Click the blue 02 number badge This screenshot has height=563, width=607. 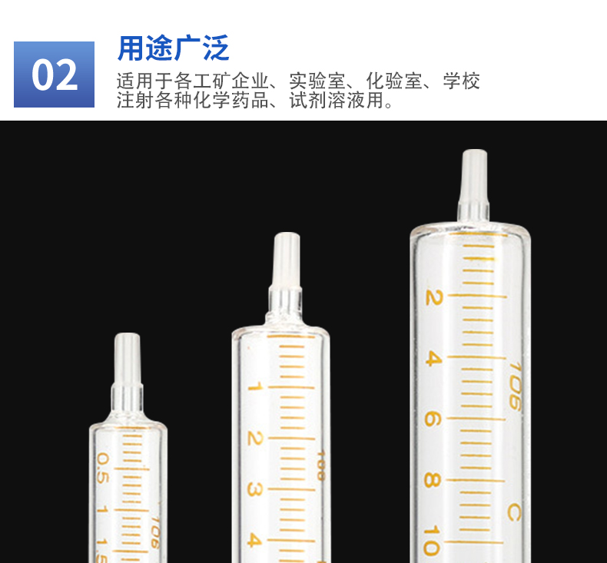coord(55,75)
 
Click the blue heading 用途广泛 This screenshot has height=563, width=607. coord(174,48)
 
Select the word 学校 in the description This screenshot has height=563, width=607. coord(462,81)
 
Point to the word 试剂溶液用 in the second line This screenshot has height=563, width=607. coord(337,100)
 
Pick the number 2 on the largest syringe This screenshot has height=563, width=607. coord(433,297)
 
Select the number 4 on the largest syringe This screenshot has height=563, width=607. coord(433,359)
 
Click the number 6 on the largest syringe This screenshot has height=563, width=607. coord(433,419)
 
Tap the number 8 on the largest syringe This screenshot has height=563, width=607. coord(433,480)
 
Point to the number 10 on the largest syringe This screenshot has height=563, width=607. coord(432,541)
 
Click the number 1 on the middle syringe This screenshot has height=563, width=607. coord(256,386)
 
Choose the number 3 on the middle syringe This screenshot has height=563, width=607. coord(255,489)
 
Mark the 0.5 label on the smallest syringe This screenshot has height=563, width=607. coord(102,469)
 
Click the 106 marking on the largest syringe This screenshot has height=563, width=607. coord(516,386)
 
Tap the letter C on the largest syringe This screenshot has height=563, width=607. coord(514,513)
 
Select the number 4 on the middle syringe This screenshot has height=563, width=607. coord(254,540)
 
